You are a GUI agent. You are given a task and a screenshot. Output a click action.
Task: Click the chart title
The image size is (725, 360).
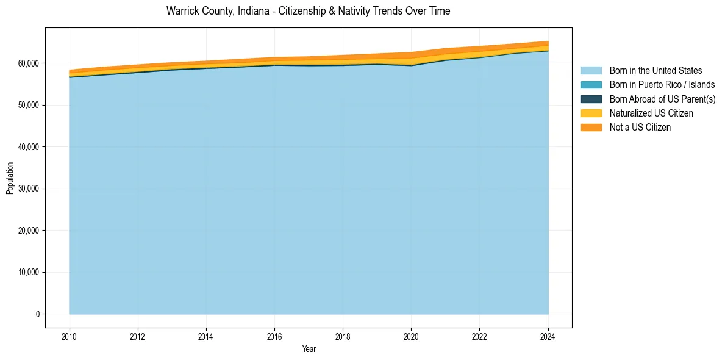pyautogui.click(x=308, y=11)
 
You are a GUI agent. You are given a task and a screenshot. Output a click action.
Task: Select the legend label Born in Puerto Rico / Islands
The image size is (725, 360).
pyautogui.click(x=662, y=85)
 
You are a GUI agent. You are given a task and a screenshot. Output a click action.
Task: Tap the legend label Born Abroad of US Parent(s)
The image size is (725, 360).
pyautogui.click(x=662, y=99)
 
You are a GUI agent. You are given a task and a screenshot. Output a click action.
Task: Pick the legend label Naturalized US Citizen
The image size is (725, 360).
pyautogui.click(x=651, y=113)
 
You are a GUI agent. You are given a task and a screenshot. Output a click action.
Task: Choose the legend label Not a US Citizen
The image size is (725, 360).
pyautogui.click(x=640, y=127)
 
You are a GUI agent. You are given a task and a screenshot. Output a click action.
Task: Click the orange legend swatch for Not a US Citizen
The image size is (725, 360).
pyautogui.click(x=591, y=127)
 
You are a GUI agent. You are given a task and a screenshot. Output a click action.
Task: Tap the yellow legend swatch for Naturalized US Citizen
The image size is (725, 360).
pyautogui.click(x=591, y=113)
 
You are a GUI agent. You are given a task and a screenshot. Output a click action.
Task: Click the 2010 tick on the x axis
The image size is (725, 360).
pyautogui.click(x=70, y=336)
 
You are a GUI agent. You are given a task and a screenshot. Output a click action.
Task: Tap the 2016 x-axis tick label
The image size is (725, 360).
pyautogui.click(x=275, y=336)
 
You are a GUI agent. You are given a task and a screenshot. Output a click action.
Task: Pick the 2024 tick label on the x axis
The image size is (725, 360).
pyautogui.click(x=548, y=336)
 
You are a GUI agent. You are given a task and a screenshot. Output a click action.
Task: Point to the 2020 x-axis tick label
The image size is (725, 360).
pyautogui.click(x=412, y=336)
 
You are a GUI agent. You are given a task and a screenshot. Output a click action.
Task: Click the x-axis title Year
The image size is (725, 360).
pyautogui.click(x=309, y=349)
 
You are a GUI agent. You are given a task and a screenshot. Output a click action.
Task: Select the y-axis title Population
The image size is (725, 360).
pyautogui.click(x=10, y=178)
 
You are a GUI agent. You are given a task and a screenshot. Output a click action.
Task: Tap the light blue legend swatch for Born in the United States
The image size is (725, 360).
pyautogui.click(x=591, y=71)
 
